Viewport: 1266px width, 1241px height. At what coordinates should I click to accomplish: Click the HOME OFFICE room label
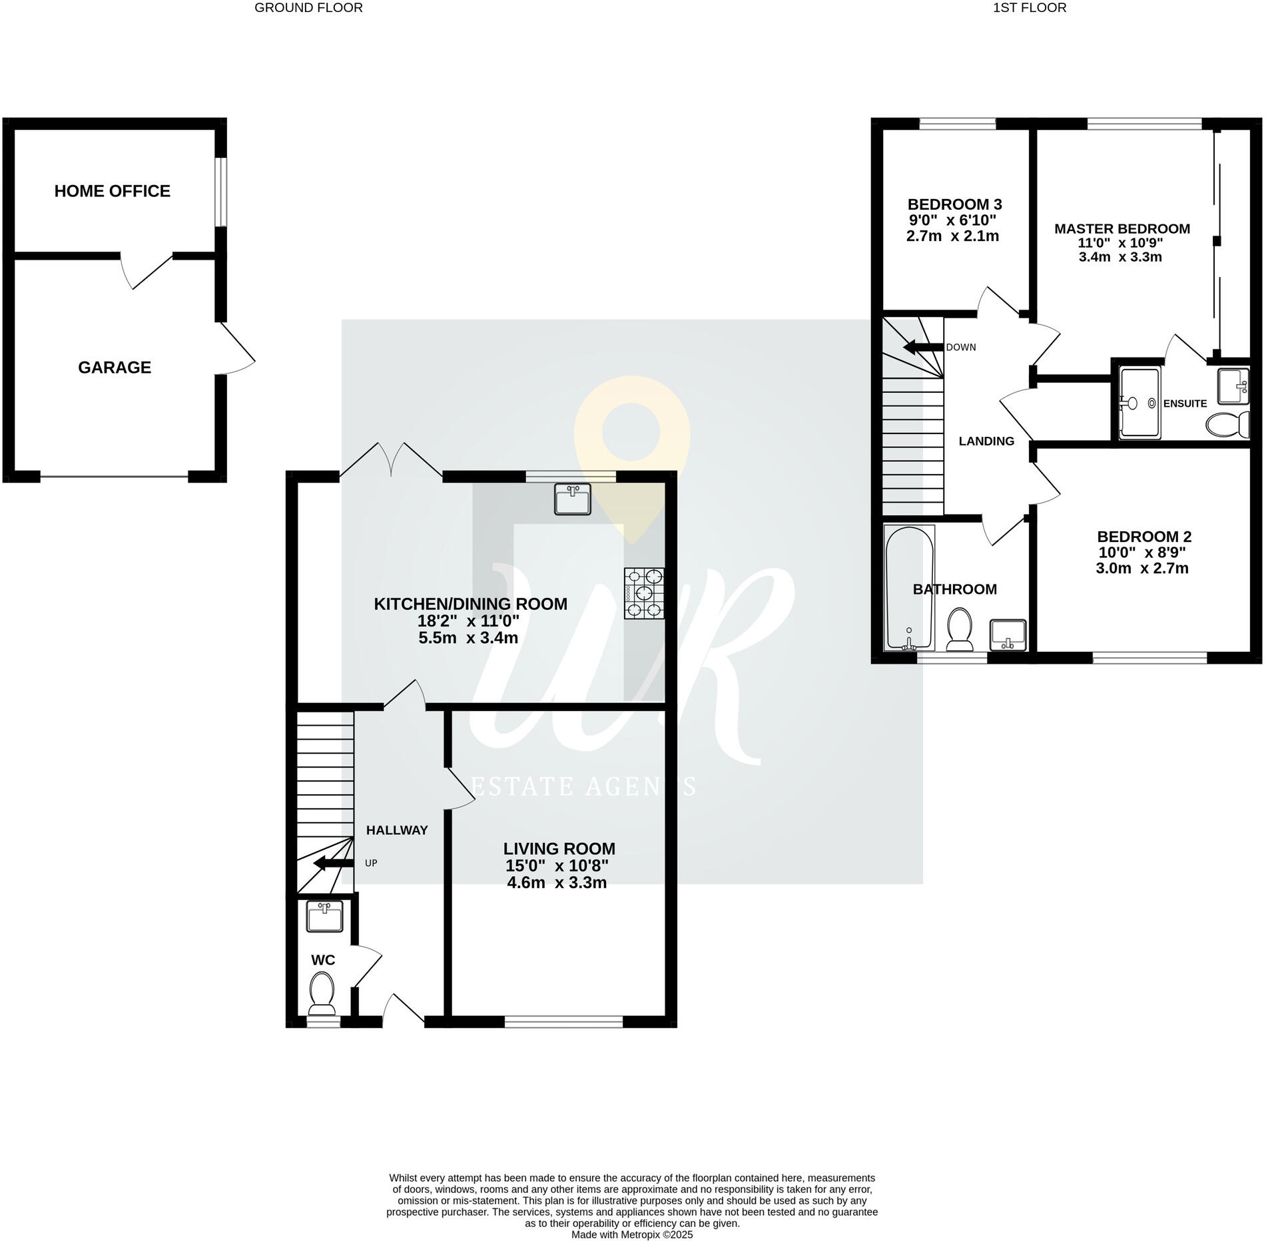click(112, 191)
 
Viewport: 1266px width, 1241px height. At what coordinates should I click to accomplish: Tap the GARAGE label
click(115, 368)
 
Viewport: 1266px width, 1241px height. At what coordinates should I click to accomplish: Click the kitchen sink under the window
click(572, 499)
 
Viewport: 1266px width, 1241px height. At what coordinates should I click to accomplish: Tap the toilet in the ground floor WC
click(322, 990)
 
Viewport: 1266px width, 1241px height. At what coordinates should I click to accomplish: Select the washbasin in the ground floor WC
click(324, 916)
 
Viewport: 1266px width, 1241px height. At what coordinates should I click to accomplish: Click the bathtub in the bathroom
click(908, 588)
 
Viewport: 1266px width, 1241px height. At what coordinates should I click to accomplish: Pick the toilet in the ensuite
click(1228, 423)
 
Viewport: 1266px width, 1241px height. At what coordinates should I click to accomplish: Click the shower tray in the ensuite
click(1139, 403)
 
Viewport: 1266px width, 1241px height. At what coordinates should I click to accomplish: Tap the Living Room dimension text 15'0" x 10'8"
click(557, 866)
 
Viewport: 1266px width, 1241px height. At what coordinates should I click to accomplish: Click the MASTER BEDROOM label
click(1121, 229)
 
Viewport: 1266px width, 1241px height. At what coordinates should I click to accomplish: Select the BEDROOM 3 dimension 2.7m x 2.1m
click(952, 236)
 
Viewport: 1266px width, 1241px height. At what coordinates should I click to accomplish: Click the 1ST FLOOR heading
click(1029, 8)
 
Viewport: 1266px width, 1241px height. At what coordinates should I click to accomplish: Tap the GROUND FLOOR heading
click(308, 8)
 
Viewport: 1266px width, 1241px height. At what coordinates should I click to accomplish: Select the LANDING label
click(986, 441)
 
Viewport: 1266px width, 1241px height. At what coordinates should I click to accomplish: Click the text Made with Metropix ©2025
click(632, 1234)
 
